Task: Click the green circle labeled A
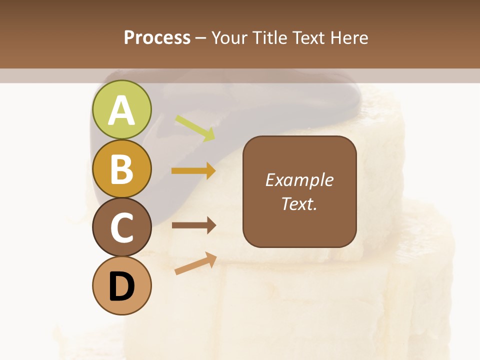pos(121,109)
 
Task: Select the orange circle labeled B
pos(121,168)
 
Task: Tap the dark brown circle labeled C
pos(121,227)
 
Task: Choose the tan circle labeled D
pos(121,285)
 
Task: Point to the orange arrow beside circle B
pos(193,171)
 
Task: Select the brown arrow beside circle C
pos(193,225)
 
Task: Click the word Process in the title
pos(157,38)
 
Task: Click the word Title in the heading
pos(268,38)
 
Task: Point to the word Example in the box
pos(299,180)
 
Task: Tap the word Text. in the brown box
pos(299,203)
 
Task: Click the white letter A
pos(121,110)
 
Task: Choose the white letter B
pos(121,169)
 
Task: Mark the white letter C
pos(121,228)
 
